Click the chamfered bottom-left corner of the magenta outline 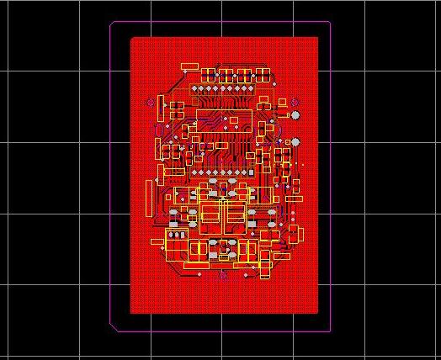pos(114,327)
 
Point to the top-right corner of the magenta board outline pos(330,22)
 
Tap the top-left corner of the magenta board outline pos(111,23)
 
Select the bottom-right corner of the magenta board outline pos(330,331)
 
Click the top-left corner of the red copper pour pos(131,38)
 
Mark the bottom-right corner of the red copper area pos(319,313)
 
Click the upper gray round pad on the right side pos(295,114)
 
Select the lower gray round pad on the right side pos(295,141)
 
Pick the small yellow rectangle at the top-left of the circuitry pos(189,66)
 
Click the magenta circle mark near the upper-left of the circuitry pos(151,103)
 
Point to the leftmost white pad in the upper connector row pos(194,87)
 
